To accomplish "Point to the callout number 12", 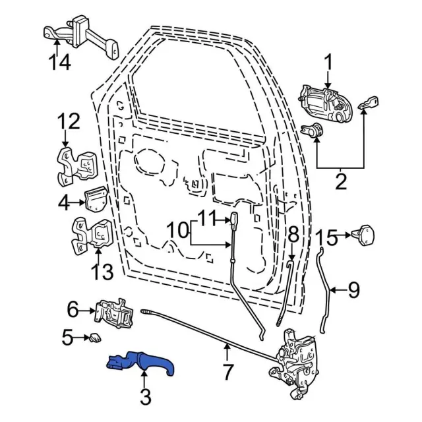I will coord(69,122).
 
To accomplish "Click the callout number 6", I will coord(73,308).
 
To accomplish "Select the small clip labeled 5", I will coord(95,338).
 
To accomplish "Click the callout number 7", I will coord(227,373).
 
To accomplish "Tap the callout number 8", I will coord(293,233).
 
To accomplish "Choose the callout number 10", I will coord(177,230).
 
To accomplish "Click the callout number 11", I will coord(207,216).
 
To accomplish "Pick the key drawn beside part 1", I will coord(367,104).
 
